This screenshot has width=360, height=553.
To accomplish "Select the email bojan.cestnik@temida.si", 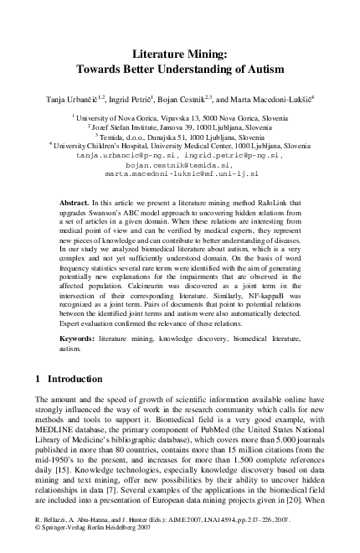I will tap(181, 165).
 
